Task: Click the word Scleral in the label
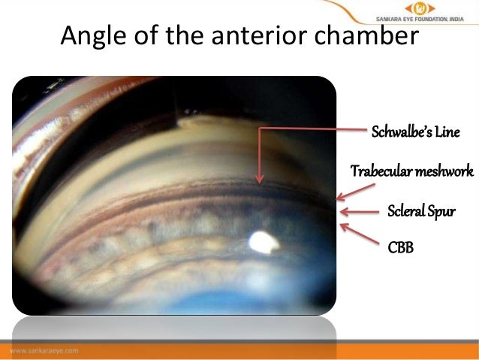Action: pos(406,209)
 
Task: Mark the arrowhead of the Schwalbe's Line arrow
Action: pos(259,181)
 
